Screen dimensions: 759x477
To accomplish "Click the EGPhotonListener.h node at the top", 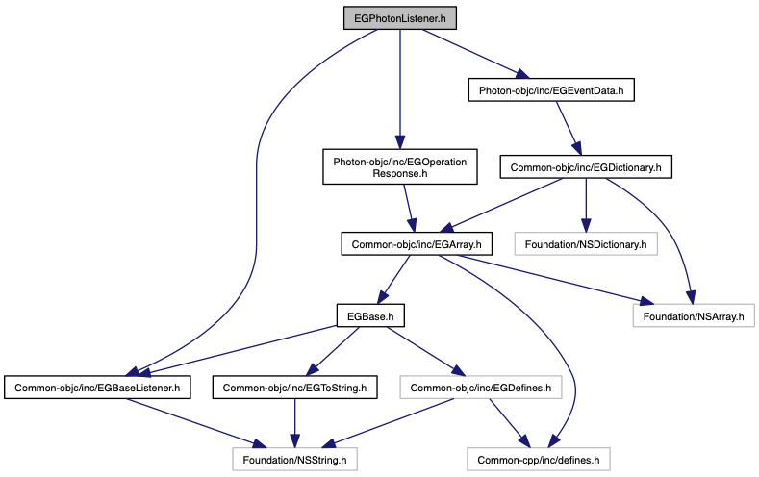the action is point(400,18).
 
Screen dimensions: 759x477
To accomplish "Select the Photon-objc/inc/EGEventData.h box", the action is point(551,90).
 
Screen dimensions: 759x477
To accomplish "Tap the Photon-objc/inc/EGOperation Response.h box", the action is point(400,167).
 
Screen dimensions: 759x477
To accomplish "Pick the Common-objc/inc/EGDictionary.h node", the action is point(586,167).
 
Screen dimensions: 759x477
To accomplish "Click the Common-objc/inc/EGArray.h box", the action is point(417,244).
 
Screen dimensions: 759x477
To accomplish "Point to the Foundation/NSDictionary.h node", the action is point(586,244).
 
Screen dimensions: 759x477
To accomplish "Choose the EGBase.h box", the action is point(370,315).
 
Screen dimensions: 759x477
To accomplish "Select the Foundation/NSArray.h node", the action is point(694,315).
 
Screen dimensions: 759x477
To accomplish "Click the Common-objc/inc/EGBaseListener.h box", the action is point(97,388).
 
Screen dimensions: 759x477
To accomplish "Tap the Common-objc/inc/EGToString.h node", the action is point(294,388).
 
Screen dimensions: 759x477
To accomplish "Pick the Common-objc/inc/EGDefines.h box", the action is point(481,388).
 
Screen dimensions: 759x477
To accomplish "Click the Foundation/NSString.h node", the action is point(294,459).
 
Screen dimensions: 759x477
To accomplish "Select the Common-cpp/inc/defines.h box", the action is point(539,459).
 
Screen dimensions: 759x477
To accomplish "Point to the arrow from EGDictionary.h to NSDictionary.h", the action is point(586,206).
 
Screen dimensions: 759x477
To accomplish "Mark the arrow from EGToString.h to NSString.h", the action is point(294,423).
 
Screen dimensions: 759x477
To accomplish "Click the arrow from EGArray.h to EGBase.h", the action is point(393,280).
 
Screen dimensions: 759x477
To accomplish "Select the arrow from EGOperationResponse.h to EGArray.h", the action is point(409,209).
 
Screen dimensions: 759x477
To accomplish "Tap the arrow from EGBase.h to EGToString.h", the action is point(333,352).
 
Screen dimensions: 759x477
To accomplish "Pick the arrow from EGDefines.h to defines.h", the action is point(510,423).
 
